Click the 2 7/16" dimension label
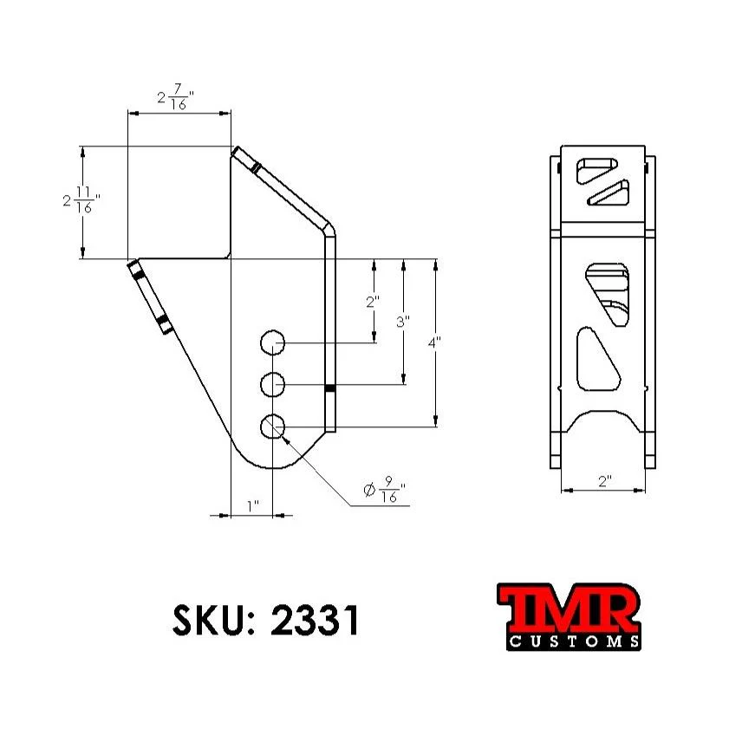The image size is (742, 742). [x=174, y=98]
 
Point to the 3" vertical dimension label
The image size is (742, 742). [x=402, y=322]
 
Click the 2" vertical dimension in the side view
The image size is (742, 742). [x=373, y=302]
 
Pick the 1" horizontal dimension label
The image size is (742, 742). [x=252, y=505]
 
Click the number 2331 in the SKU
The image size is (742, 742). [x=315, y=620]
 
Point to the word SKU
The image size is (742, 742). [x=211, y=620]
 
